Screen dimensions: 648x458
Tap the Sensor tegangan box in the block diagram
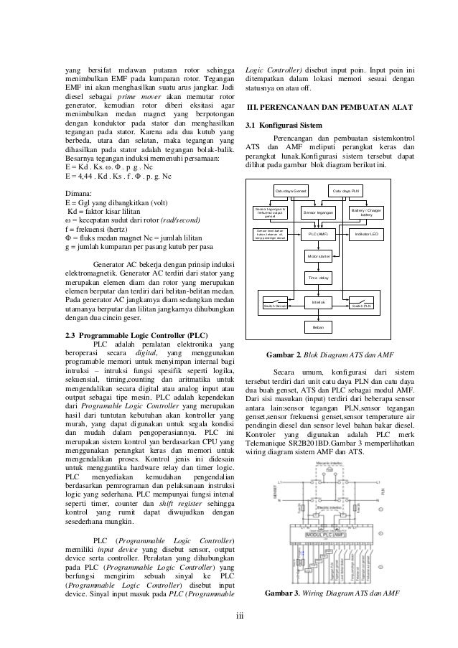pyautogui.click(x=319, y=213)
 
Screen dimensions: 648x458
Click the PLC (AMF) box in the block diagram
pyautogui.click(x=318, y=234)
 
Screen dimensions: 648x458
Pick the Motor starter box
pyautogui.click(x=318, y=255)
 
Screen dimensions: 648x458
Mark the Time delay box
pyautogui.click(x=318, y=277)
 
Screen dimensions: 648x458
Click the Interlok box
pyautogui.click(x=318, y=302)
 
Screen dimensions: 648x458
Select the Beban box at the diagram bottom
pyautogui.click(x=318, y=327)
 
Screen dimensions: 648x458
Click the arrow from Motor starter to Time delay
pyautogui.click(x=318, y=266)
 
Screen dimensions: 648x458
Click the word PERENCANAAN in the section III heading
pyautogui.click(x=296, y=107)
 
